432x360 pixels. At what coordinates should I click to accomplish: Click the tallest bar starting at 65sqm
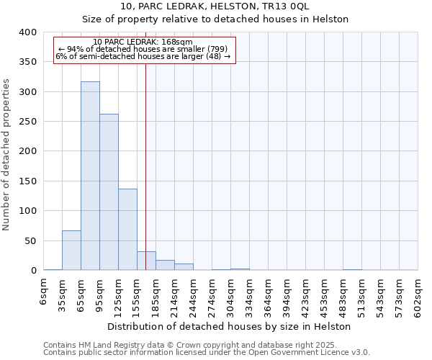point(90,176)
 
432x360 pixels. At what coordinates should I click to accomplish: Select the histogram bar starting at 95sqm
point(109,192)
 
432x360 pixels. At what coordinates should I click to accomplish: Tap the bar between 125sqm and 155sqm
point(127,230)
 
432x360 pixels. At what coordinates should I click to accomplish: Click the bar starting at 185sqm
point(165,265)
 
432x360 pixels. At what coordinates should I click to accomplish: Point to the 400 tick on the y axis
point(27,32)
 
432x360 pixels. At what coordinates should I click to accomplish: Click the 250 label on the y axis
point(27,122)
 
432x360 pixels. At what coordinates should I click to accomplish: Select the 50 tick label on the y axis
point(30,241)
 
